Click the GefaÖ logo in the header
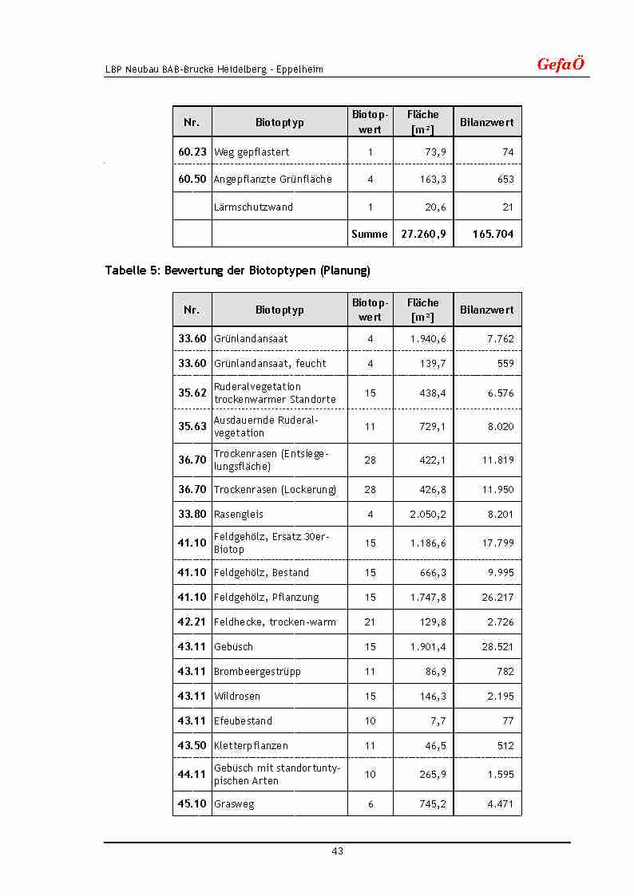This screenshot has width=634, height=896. tap(561, 65)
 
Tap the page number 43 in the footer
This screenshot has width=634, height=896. tap(338, 851)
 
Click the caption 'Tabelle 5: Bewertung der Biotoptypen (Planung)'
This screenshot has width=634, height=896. tap(237, 270)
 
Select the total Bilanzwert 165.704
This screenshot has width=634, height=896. tap(493, 235)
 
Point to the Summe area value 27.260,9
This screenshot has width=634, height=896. tap(423, 235)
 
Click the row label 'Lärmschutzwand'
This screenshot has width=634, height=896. tap(253, 207)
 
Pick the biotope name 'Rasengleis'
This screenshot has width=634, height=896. tap(238, 515)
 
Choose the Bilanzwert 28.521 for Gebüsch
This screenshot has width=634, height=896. tap(497, 647)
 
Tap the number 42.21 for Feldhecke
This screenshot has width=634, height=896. tap(192, 622)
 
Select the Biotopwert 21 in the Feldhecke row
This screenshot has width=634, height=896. tap(370, 622)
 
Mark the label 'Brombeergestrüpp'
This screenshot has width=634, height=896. tap(257, 672)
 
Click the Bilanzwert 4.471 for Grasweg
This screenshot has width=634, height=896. tap(501, 804)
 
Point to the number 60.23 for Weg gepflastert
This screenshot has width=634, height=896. tap(192, 152)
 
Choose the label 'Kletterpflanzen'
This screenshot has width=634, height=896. tap(251, 746)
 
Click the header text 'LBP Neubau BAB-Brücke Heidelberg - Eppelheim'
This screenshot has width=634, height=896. tap(214, 69)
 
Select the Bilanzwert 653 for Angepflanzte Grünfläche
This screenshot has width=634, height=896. tap(505, 180)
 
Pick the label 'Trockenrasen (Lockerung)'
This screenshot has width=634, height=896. tap(275, 490)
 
